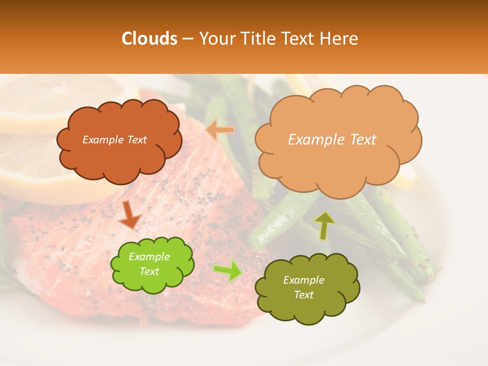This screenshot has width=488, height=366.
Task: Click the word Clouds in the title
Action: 149,39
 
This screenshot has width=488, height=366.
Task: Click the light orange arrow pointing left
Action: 220,130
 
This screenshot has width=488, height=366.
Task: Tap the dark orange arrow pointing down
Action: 130,216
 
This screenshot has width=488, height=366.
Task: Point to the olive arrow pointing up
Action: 324,225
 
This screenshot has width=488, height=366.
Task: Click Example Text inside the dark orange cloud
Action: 114,140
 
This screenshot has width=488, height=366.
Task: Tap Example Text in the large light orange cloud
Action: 332,140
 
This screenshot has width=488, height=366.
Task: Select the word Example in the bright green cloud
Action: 149,257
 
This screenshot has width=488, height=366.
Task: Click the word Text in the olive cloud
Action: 303,295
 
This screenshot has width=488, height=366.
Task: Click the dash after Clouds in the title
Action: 187,39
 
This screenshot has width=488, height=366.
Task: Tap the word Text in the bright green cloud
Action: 149,272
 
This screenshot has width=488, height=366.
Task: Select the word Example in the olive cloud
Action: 303,280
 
